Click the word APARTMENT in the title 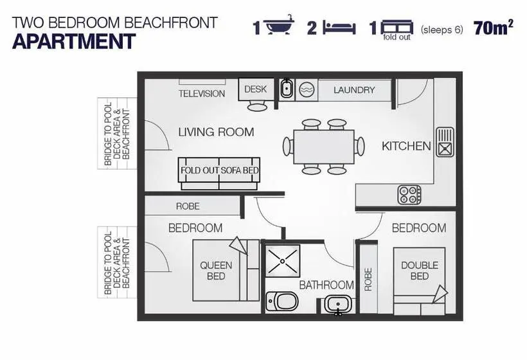click(x=74, y=42)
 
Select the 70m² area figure click(x=493, y=28)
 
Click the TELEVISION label click(x=202, y=93)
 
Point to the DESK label click(x=255, y=89)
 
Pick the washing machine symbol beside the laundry click(x=307, y=90)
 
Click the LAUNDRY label click(x=354, y=90)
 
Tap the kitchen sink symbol click(x=445, y=142)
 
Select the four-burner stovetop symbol click(x=409, y=195)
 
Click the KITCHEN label click(x=406, y=146)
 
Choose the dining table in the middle click(x=324, y=147)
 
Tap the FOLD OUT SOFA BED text click(x=219, y=170)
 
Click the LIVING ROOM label click(x=216, y=132)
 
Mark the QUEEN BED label click(x=216, y=271)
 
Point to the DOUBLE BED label click(x=420, y=271)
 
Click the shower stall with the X click(x=282, y=261)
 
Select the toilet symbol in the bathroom click(x=282, y=301)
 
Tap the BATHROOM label click(x=326, y=285)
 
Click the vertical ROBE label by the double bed click(x=368, y=279)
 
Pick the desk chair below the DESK click(x=257, y=107)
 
